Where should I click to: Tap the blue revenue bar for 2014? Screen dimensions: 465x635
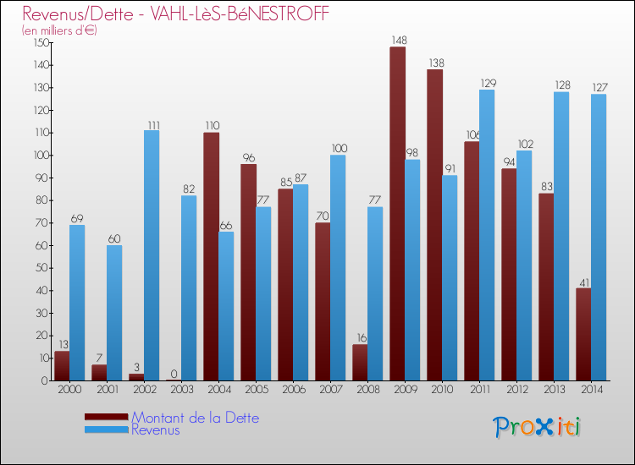pyautogui.click(x=599, y=237)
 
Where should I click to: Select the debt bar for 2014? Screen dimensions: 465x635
pyautogui.click(x=583, y=334)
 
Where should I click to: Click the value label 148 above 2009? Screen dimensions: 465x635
pyautogui.click(x=397, y=41)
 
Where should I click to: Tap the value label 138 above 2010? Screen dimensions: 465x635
pyautogui.click(x=434, y=63)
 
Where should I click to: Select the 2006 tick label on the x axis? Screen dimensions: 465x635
pyautogui.click(x=293, y=391)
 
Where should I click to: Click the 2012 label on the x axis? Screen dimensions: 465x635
pyautogui.click(x=516, y=391)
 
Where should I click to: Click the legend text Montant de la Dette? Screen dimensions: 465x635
pyautogui.click(x=195, y=418)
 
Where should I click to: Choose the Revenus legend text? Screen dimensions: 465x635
pyautogui.click(x=155, y=430)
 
